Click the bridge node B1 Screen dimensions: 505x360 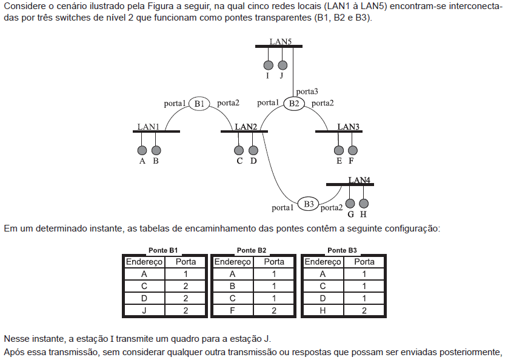[x=199, y=104]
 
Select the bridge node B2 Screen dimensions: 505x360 [x=293, y=104]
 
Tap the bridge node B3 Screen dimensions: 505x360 [x=308, y=204]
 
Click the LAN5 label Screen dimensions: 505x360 [x=281, y=42]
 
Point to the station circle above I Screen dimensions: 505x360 [x=269, y=65]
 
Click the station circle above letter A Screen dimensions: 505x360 [x=142, y=150]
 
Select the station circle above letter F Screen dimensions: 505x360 [x=353, y=150]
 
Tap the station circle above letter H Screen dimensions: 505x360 [x=364, y=204]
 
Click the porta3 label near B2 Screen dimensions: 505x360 [x=307, y=92]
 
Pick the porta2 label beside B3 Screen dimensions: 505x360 [x=332, y=208]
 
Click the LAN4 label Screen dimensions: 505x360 [x=359, y=180]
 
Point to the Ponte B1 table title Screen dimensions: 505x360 [x=163, y=250]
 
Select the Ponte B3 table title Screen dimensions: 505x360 [x=342, y=250]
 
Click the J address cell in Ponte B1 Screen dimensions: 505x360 [x=144, y=310]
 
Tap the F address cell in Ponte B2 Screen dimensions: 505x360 [x=233, y=310]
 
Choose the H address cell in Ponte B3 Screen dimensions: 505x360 [x=323, y=310]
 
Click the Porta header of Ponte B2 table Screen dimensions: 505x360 [x=274, y=262]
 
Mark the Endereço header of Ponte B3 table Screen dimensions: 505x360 [x=323, y=262]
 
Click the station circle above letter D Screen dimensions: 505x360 [x=253, y=150]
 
